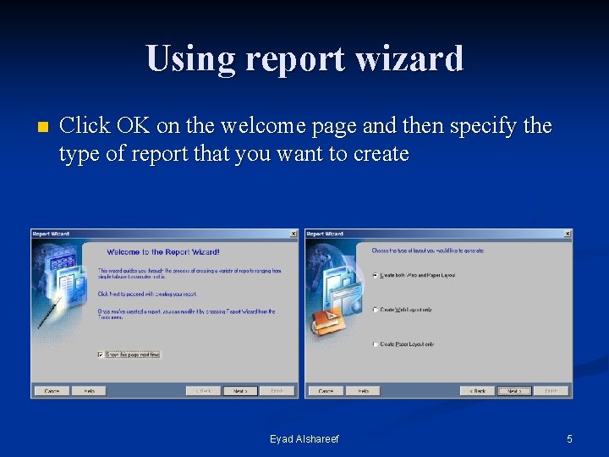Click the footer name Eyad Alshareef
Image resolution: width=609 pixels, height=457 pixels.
point(304,439)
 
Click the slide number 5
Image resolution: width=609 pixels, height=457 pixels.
point(569,439)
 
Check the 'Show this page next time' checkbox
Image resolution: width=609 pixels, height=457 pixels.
point(101,355)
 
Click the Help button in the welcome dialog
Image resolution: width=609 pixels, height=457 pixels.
point(89,391)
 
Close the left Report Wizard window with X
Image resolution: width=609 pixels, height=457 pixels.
point(294,234)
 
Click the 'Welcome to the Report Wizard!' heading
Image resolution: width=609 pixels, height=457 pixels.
point(163,251)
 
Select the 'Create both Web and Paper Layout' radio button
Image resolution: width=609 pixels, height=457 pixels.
point(376,275)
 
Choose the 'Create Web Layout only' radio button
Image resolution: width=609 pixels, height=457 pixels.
point(376,310)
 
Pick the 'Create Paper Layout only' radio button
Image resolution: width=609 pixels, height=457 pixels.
point(376,344)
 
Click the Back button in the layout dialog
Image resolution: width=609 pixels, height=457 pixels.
point(477,391)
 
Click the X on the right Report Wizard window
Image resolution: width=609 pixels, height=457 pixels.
point(568,234)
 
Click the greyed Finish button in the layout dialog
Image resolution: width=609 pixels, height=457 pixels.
point(551,391)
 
